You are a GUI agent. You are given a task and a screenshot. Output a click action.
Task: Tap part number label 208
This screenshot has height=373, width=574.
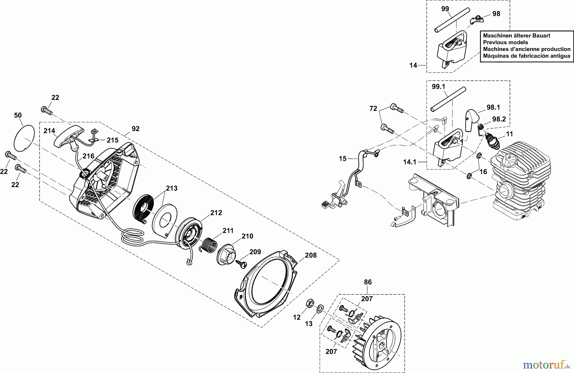[311, 255]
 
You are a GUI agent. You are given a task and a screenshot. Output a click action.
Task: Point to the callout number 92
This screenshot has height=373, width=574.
[135, 129]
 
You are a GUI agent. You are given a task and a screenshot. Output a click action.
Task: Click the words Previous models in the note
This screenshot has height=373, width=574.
[505, 42]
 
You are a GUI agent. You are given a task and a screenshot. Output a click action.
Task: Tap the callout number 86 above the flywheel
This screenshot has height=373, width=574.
[368, 282]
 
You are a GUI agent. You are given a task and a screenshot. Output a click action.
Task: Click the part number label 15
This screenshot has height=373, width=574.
[342, 158]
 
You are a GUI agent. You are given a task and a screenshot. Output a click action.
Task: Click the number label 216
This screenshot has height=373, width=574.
[89, 156]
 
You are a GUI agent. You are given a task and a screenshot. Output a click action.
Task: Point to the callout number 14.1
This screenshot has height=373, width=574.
[410, 162]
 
